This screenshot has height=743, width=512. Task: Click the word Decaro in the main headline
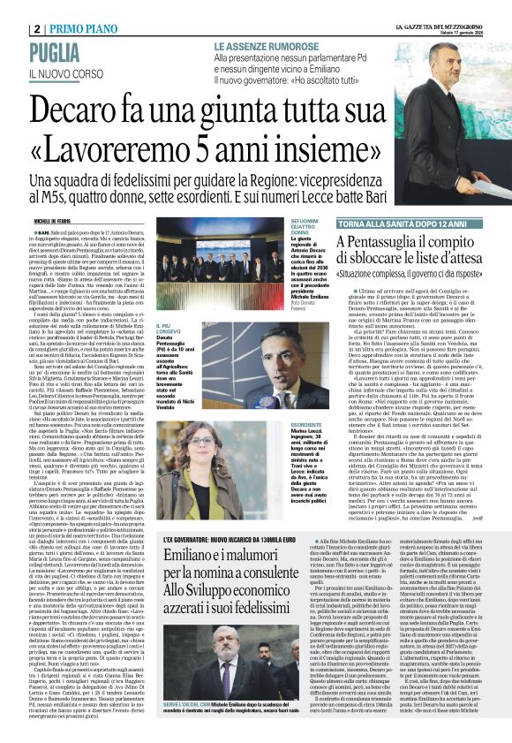100,113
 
